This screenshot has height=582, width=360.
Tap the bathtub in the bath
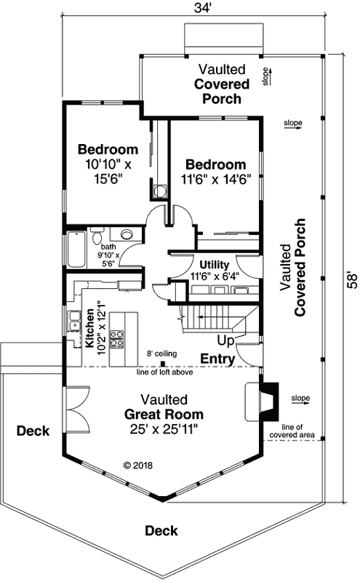pyautogui.click(x=76, y=249)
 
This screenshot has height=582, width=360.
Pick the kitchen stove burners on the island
pyautogui.click(x=117, y=338)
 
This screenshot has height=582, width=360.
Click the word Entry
pyautogui.click(x=217, y=359)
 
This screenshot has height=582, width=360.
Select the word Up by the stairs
pyautogui.click(x=225, y=340)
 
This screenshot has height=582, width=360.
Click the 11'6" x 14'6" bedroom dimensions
pyautogui.click(x=215, y=179)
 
